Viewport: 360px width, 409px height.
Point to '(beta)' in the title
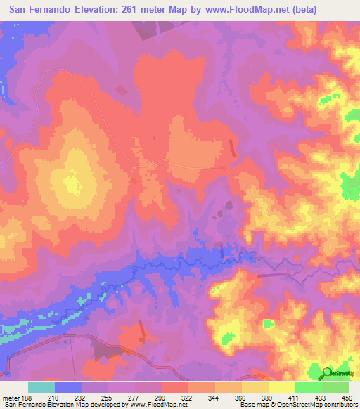click(297, 10)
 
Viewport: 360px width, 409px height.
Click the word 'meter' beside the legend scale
click(11, 398)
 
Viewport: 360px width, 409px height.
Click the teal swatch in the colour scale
click(41, 387)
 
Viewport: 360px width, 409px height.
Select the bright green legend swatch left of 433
click(309, 387)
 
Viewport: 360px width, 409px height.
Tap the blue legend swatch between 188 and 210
click(68, 387)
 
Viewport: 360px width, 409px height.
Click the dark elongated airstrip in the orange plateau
click(233, 147)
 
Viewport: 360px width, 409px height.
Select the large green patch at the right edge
click(349, 186)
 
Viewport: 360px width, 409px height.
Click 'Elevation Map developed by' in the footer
click(91, 405)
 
